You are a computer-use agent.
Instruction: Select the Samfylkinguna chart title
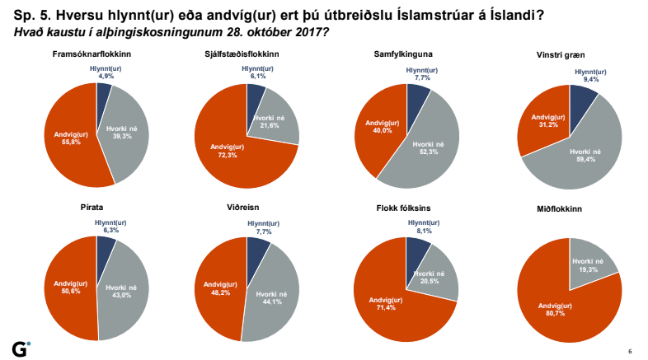click(x=403, y=54)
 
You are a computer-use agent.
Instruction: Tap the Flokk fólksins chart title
click(x=403, y=206)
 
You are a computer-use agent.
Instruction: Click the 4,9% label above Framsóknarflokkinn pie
click(x=106, y=76)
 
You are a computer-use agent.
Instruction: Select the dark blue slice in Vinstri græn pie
click(x=581, y=102)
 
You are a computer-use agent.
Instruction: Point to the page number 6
click(x=630, y=350)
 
